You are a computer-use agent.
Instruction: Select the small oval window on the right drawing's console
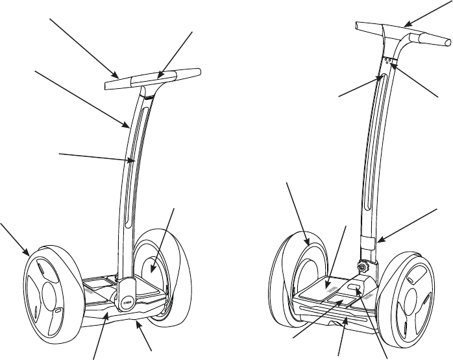pos(355,286)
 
